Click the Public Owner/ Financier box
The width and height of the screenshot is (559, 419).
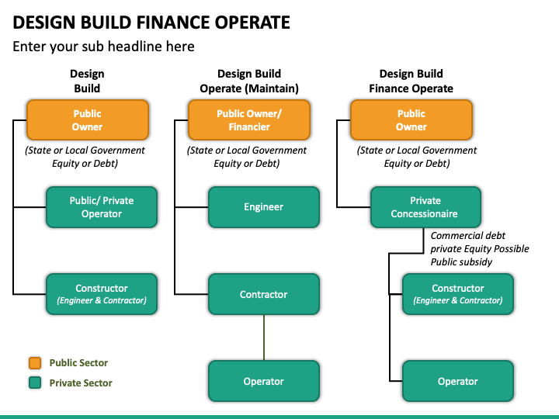pos(249,120)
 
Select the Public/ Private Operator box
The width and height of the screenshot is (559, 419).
pos(102,207)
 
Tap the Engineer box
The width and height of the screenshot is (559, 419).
pos(264,207)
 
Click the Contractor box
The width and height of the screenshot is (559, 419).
pos(264,294)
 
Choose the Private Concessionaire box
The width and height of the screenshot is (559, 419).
pos(425,207)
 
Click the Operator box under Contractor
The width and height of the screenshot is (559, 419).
pos(264,381)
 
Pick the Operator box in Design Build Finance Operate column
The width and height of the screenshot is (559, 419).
pos(458,381)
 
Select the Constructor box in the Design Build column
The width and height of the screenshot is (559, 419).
pos(102,294)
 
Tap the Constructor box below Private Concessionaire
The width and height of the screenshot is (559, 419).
pos(458,294)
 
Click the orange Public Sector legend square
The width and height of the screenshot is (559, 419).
pos(35,362)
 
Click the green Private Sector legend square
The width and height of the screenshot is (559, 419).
pos(35,383)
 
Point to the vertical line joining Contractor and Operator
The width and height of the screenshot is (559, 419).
pos(264,338)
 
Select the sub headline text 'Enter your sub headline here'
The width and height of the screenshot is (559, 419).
pos(103,47)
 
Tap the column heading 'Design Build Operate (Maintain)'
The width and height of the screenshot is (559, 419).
pos(249,81)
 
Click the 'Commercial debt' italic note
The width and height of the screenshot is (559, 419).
pos(467,236)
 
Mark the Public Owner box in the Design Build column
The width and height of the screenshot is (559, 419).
pos(87,120)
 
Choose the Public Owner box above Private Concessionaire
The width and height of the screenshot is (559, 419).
pos(411,120)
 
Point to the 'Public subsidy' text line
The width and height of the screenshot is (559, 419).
pos(461,262)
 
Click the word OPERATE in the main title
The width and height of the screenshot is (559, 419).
pos(252,22)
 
